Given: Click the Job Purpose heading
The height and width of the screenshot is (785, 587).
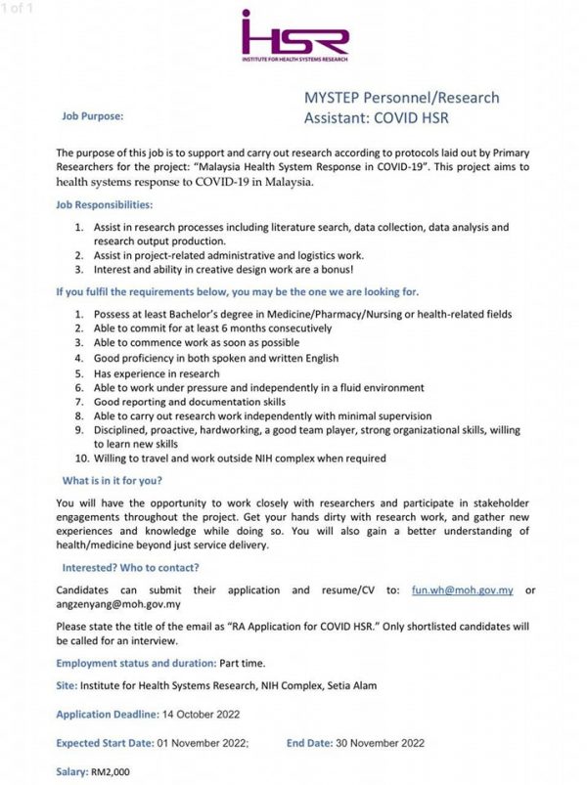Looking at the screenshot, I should [x=93, y=115].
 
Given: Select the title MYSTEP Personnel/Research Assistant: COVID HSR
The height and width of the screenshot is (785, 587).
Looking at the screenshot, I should [x=401, y=108].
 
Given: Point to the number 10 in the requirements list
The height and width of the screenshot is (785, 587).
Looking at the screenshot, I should [x=82, y=458].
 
